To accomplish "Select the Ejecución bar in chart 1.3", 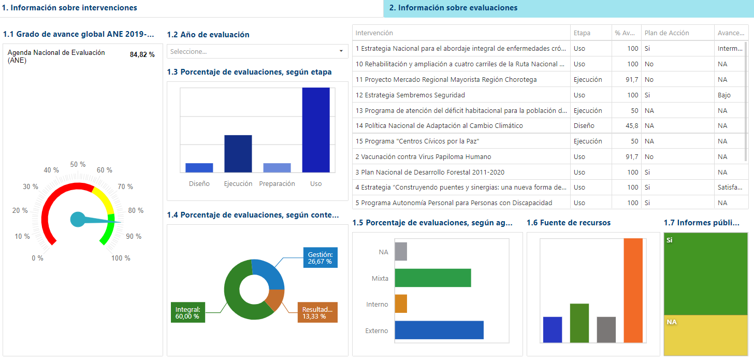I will (x=238, y=154).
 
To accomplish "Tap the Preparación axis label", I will (x=277, y=184).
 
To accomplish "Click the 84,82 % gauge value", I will (x=142, y=55).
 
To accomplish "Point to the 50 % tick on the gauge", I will (x=78, y=164).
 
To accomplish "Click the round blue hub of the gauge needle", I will (x=78, y=220).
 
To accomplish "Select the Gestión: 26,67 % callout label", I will (x=320, y=257).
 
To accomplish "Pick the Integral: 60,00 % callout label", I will (x=187, y=312).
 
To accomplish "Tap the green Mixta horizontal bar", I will (x=432, y=278).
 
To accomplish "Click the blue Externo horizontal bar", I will (x=439, y=330).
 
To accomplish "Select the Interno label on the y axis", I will (x=377, y=305).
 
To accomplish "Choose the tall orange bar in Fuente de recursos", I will (x=633, y=290).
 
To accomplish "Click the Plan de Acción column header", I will (x=666, y=33).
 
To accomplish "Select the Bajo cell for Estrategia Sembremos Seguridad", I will (x=724, y=95).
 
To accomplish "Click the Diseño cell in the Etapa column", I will (x=584, y=126).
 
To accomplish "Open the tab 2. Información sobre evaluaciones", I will (x=453, y=8).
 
